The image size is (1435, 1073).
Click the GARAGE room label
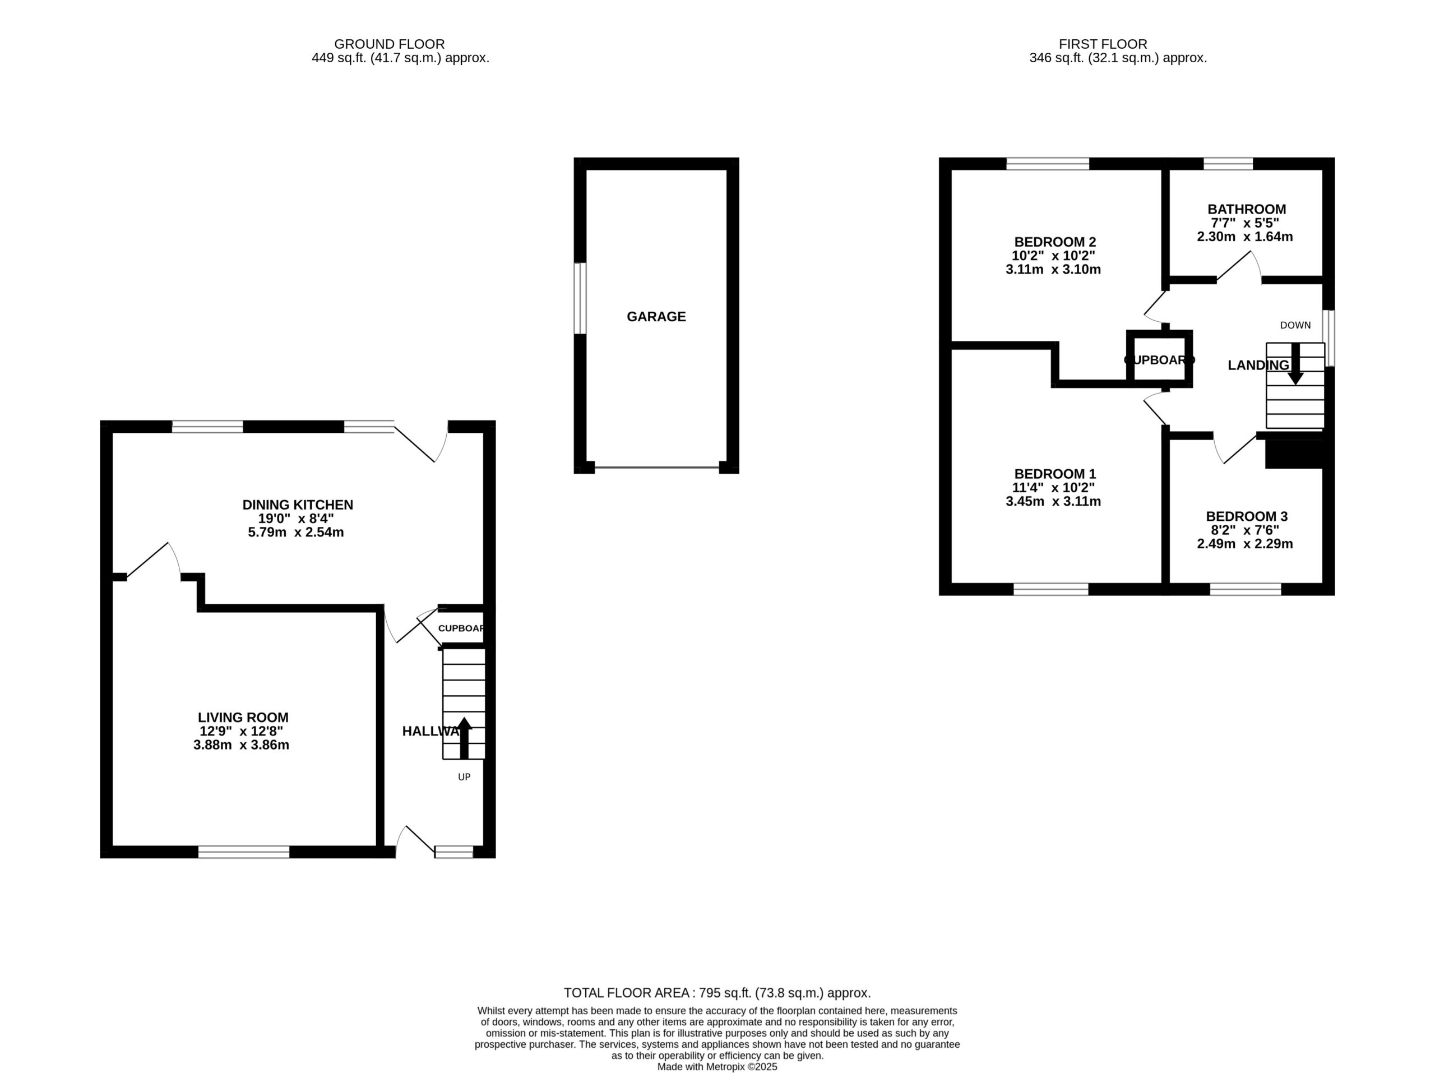(x=656, y=317)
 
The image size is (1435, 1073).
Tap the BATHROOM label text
(x=1246, y=210)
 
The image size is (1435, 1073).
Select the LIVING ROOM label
(x=243, y=718)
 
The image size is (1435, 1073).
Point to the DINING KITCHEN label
(x=298, y=505)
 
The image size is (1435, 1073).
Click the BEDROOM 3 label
(x=1246, y=516)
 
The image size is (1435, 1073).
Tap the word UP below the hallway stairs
(x=464, y=777)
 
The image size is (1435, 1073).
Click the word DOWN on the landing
(x=1295, y=326)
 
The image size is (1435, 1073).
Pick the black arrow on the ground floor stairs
(x=464, y=738)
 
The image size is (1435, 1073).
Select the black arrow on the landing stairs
(x=1295, y=364)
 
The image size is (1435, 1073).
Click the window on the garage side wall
(x=580, y=298)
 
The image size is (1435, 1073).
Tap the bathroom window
(x=1228, y=164)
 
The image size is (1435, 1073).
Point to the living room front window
(x=244, y=852)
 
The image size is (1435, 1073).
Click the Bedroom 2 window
(x=1048, y=164)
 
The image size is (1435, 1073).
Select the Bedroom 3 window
(x=1246, y=589)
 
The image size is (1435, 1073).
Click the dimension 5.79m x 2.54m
(x=296, y=533)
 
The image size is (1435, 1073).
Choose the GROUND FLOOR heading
(x=389, y=44)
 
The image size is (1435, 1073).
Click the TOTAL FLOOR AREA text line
(x=717, y=993)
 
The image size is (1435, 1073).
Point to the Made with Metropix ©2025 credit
(x=717, y=1066)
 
